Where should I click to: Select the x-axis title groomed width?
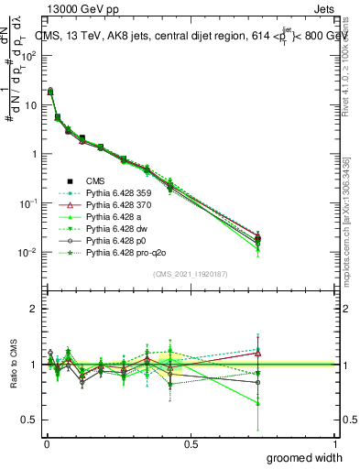[305, 457]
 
